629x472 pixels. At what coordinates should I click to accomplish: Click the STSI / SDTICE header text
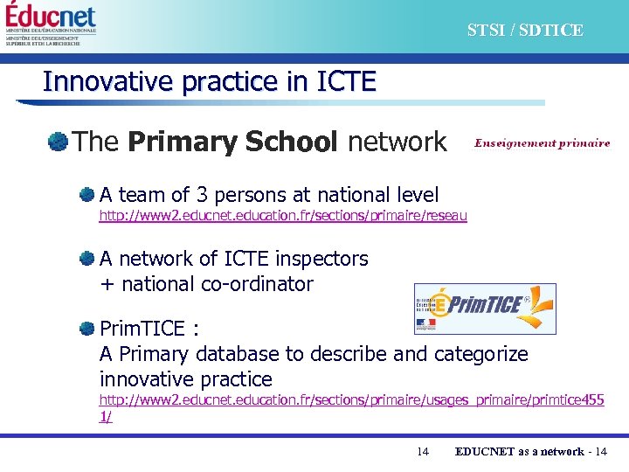pyautogui.click(x=524, y=31)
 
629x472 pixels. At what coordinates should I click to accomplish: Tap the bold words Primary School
pyautogui.click(x=232, y=142)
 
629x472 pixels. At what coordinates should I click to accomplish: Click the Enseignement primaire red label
pyautogui.click(x=542, y=143)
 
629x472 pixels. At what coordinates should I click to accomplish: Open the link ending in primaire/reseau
pyautogui.click(x=283, y=216)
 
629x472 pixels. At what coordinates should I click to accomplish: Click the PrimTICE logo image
pyautogui.click(x=484, y=309)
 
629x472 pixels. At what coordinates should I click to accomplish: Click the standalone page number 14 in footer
pyautogui.click(x=423, y=452)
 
